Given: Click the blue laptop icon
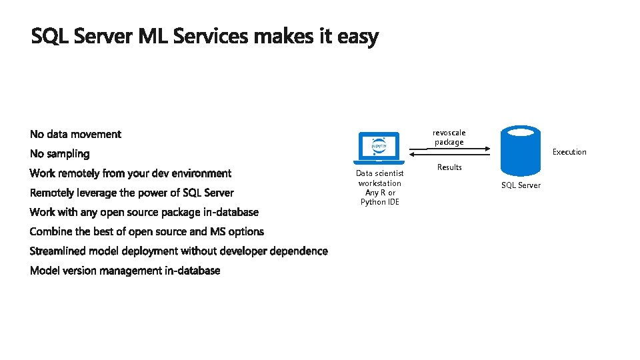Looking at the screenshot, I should (x=379, y=148).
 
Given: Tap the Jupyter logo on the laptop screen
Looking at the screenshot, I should (x=379, y=145).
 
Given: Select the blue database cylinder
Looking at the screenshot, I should (x=520, y=149).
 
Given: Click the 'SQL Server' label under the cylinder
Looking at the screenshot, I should (x=521, y=185).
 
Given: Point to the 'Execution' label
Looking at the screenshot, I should (x=569, y=152).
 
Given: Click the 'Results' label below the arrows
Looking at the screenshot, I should (x=449, y=167).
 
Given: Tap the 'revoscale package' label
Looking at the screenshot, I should (x=449, y=137).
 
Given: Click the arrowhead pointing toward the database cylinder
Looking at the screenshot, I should (x=488, y=149).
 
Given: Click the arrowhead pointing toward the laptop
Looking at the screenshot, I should (x=411, y=155).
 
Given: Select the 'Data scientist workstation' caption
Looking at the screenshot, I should (x=380, y=178).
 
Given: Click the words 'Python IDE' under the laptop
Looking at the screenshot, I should (x=380, y=202).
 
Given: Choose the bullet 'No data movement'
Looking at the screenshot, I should (x=75, y=135).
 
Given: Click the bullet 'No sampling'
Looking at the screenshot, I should (x=59, y=154).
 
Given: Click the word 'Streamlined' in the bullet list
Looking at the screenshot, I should (x=58, y=251).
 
